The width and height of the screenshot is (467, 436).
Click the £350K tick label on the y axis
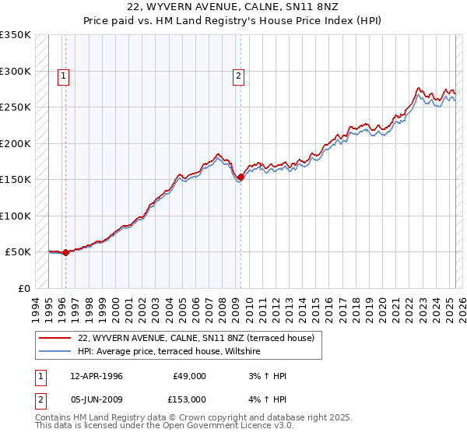[16, 35]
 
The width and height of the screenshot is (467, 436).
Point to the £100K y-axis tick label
[16, 216]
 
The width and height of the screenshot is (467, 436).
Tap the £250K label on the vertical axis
[16, 107]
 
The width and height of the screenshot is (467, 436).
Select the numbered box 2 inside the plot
[238, 76]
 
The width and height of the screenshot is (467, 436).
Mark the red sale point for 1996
[65, 252]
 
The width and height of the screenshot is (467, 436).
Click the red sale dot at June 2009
[241, 178]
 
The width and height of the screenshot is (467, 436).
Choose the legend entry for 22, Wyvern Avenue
[195, 338]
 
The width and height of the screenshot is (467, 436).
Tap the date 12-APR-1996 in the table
[97, 376]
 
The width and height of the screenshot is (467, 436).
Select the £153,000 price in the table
[189, 399]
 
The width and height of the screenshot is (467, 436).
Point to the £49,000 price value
[189, 376]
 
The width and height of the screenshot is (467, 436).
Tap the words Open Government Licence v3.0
[233, 426]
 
